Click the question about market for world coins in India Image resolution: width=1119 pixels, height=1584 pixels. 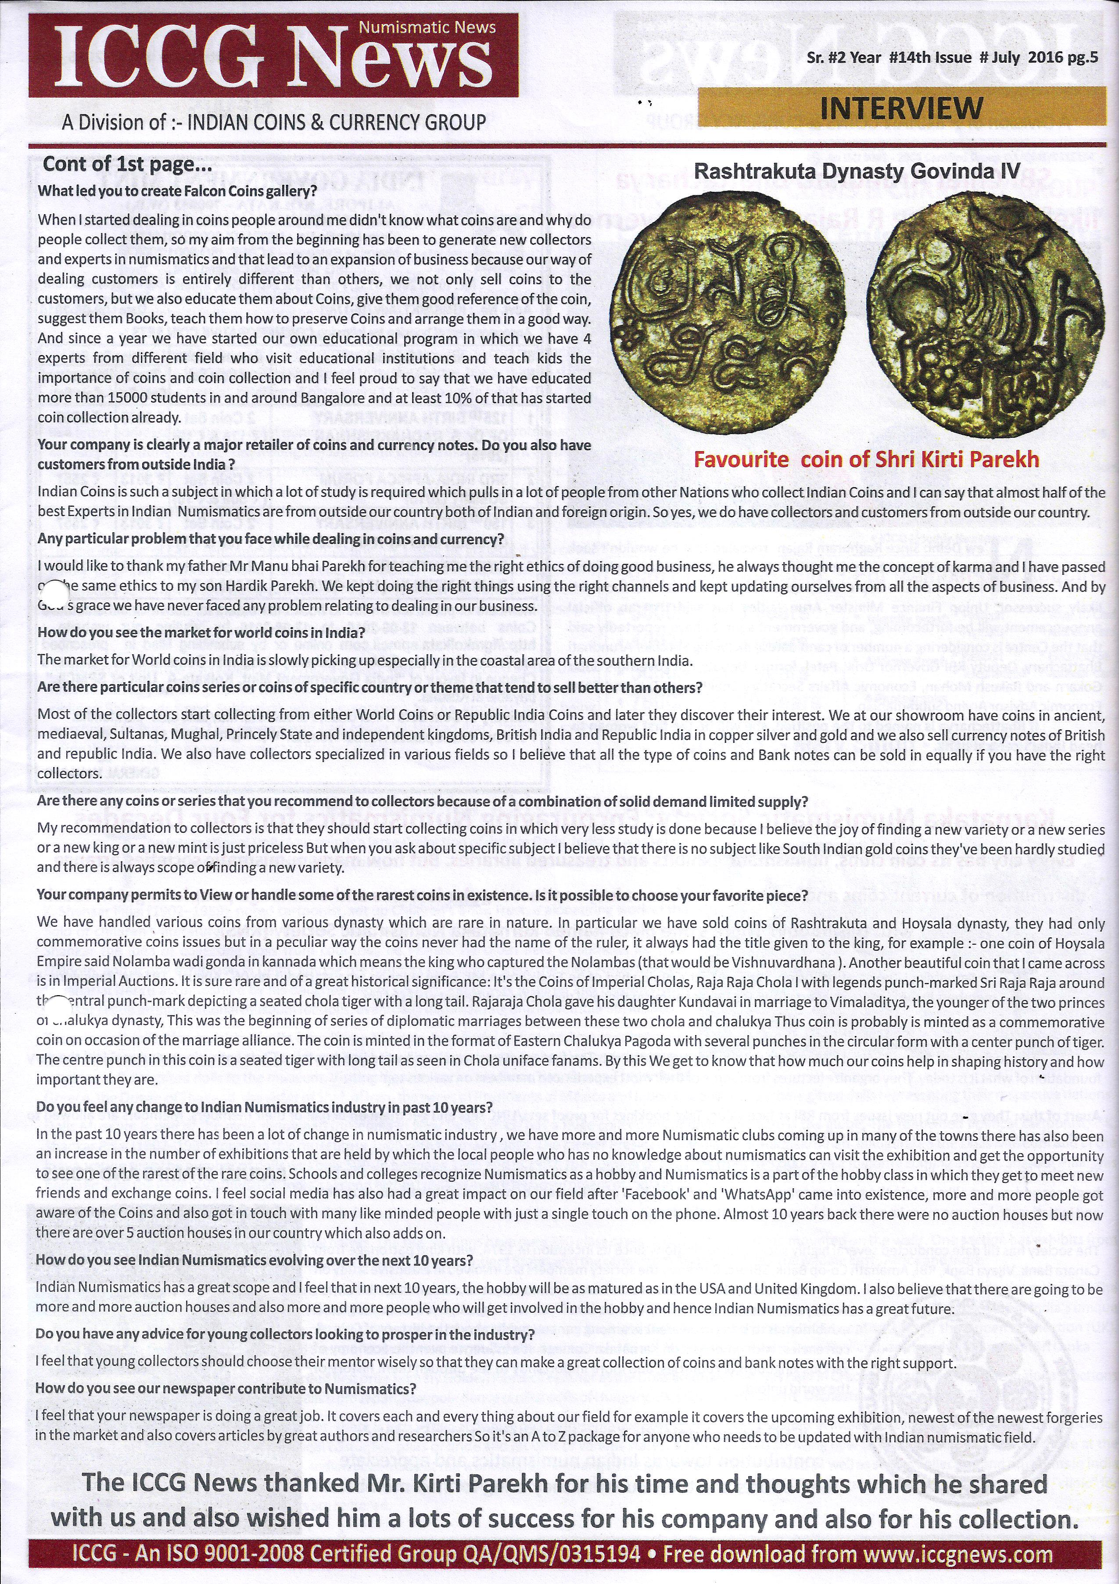[x=201, y=633]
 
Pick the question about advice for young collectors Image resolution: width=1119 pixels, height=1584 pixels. [x=285, y=1334]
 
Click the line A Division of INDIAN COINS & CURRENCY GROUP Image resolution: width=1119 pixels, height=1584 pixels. [x=274, y=123]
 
